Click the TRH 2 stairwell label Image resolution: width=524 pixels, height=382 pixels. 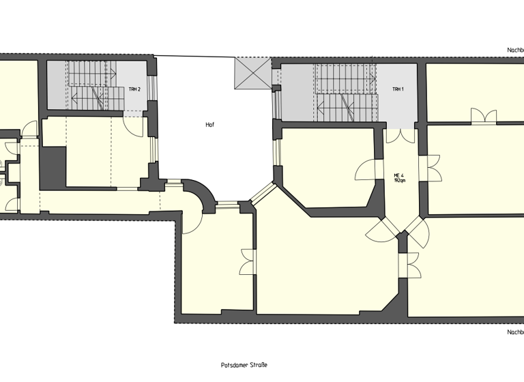tap(134, 89)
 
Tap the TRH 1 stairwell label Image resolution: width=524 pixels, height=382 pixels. tap(398, 89)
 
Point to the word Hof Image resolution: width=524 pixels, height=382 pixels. tap(210, 125)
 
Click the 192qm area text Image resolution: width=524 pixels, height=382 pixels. tap(400, 181)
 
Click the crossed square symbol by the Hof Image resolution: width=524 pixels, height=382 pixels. tap(253, 73)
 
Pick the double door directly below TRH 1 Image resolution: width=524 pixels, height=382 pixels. tap(400, 135)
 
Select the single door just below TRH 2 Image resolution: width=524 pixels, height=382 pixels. tap(133, 125)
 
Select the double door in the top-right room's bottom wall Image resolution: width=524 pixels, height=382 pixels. tap(483, 116)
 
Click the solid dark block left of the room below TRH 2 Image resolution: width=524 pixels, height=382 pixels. tap(53, 167)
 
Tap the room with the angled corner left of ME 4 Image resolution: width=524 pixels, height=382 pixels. tap(327, 171)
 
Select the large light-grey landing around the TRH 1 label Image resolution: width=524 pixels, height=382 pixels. tap(398, 95)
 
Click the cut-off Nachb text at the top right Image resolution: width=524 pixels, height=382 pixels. tap(514, 50)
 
